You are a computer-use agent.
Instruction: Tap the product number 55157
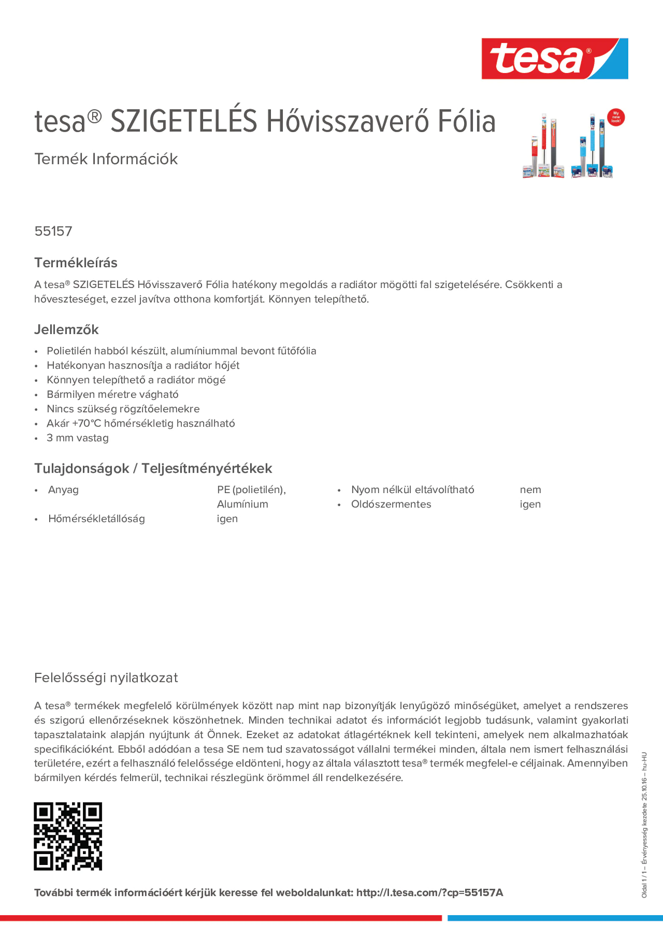click(53, 231)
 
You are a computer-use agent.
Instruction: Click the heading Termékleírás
click(76, 263)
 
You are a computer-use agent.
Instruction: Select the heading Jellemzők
click(66, 329)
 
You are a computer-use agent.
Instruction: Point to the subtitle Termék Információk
click(106, 159)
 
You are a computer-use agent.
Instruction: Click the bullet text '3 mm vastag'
click(78, 438)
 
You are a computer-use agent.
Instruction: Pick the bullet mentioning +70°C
click(141, 423)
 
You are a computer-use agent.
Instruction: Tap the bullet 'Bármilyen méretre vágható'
click(112, 394)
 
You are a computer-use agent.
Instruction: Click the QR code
click(68, 836)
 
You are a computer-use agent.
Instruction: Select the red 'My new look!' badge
click(616, 117)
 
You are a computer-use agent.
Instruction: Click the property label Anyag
click(63, 490)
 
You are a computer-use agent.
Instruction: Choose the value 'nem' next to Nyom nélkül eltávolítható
click(530, 490)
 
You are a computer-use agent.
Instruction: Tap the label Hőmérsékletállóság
click(97, 518)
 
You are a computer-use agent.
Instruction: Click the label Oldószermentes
click(391, 504)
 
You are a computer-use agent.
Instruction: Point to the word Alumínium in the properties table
click(242, 504)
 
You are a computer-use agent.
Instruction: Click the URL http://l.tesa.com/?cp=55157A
click(429, 893)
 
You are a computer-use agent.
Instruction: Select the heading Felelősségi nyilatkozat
click(106, 678)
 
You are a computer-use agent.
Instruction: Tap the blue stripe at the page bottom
click(555, 918)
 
